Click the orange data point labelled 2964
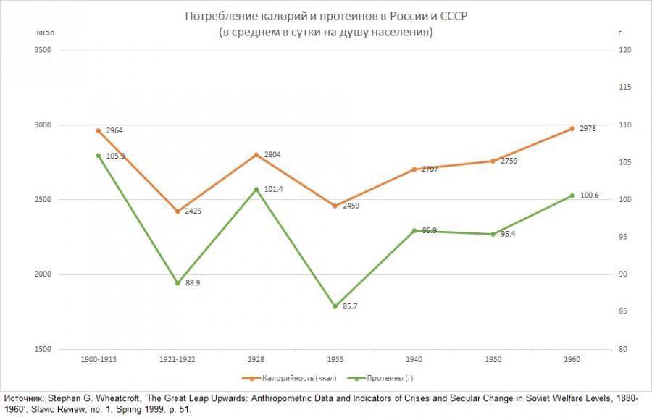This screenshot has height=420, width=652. click(x=99, y=131)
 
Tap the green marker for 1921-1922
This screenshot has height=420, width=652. click(x=177, y=283)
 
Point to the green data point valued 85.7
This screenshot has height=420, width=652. click(x=335, y=306)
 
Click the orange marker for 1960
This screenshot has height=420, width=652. click(x=572, y=129)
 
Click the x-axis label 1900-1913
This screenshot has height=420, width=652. click(x=99, y=360)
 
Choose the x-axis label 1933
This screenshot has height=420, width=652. click(x=335, y=360)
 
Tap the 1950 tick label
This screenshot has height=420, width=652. click(x=493, y=360)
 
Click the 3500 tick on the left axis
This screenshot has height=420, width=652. click(x=44, y=50)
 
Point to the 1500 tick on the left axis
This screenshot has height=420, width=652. click(x=44, y=350)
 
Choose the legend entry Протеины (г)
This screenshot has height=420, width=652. click(x=389, y=378)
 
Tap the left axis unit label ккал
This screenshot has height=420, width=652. click(x=46, y=33)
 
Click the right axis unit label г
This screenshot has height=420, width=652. click(x=620, y=33)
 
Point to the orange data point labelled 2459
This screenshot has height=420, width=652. click(x=335, y=206)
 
